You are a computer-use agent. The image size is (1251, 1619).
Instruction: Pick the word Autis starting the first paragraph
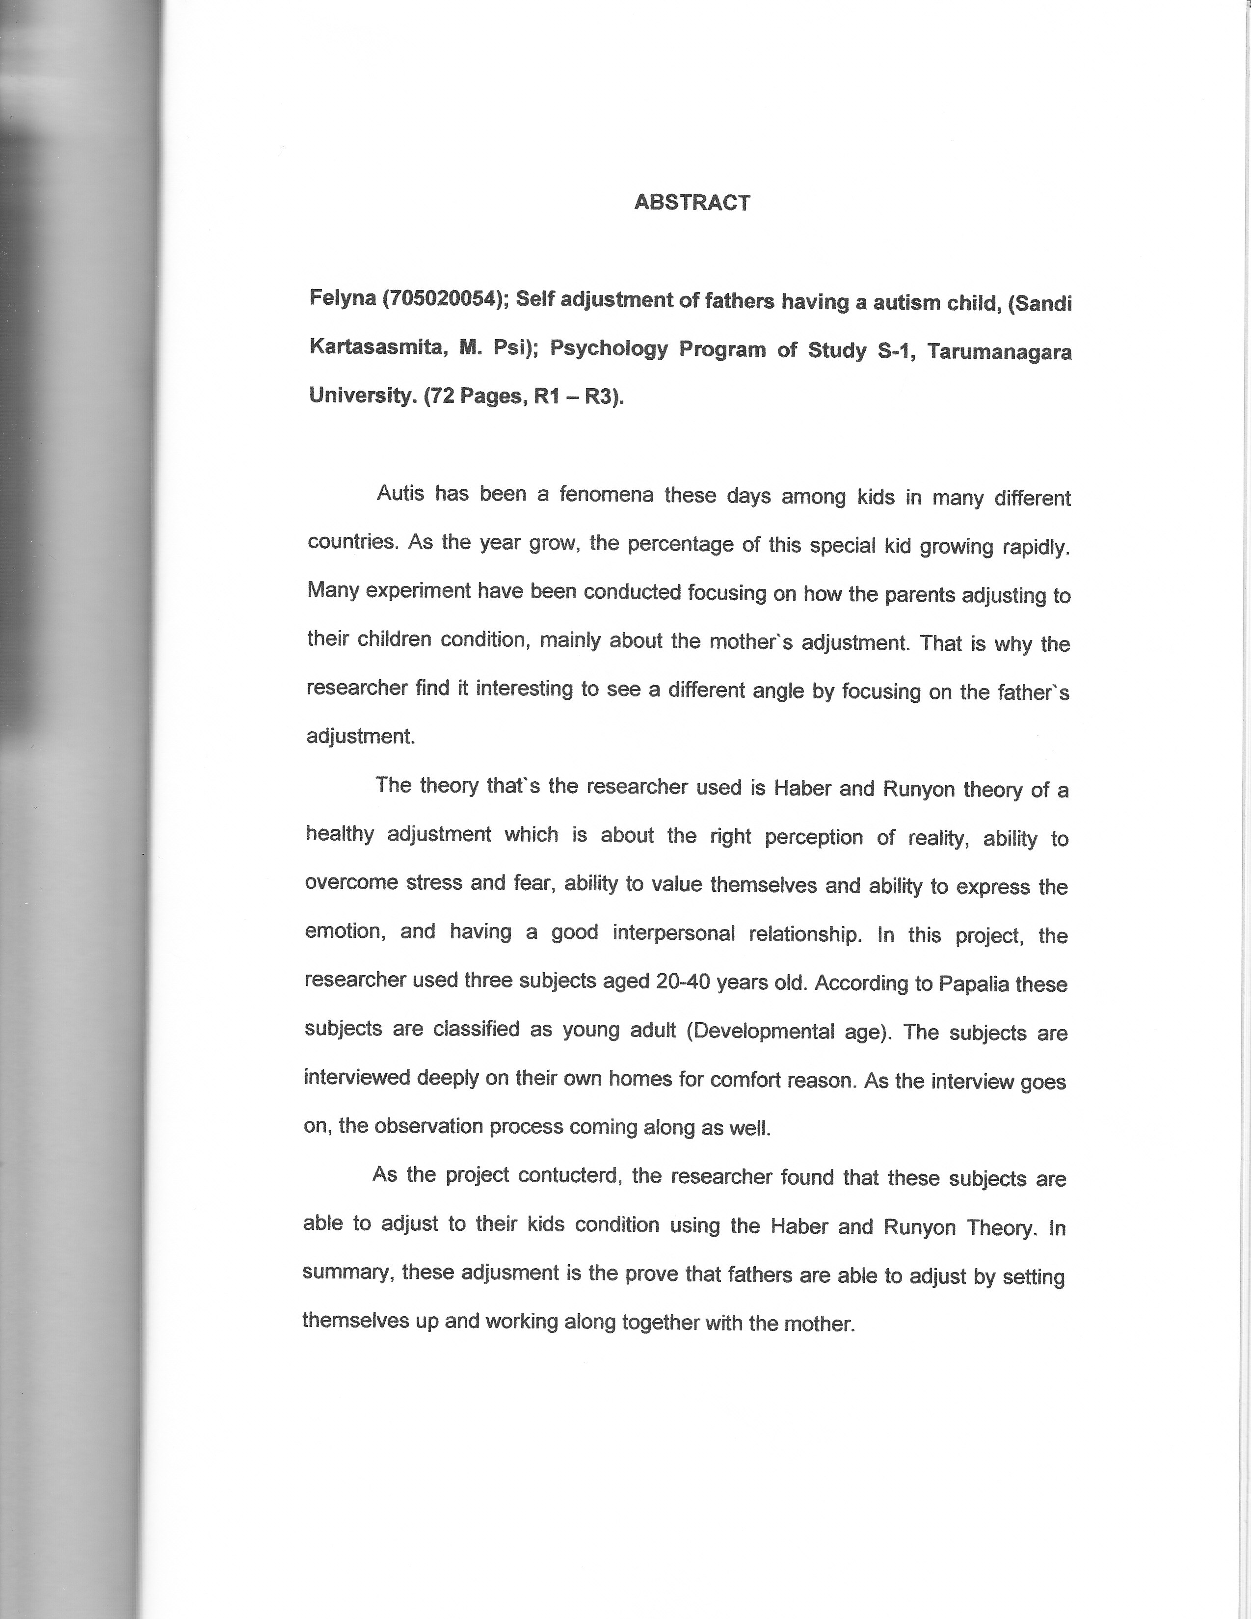pyautogui.click(x=400, y=493)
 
